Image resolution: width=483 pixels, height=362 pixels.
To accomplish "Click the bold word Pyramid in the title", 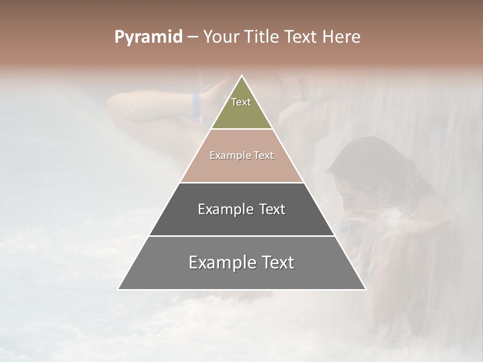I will coord(148,37).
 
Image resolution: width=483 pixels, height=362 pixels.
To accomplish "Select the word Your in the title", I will coord(219,37).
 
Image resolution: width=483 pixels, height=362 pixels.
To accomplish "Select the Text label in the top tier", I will coord(241,102).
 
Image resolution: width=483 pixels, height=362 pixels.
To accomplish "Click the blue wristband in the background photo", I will coord(196,104).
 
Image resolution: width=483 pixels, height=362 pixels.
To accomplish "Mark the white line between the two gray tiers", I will coord(242,235).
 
